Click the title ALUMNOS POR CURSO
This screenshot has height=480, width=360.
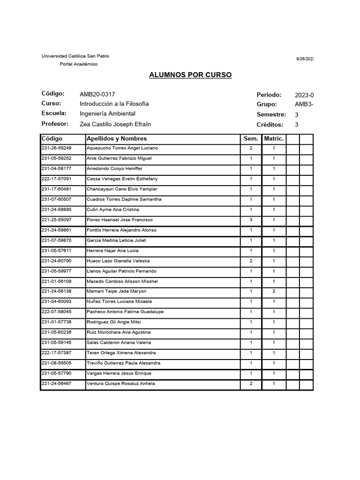click(190, 75)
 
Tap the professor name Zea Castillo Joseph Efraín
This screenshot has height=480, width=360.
click(115, 124)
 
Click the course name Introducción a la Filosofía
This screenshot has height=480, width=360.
click(114, 104)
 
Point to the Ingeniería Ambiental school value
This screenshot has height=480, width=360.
click(107, 113)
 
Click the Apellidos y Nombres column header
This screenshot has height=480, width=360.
click(117, 139)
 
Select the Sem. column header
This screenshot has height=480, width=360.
click(251, 139)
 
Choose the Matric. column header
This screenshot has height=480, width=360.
click(274, 139)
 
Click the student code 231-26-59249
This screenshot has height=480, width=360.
click(57, 148)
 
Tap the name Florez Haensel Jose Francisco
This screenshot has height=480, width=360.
click(120, 220)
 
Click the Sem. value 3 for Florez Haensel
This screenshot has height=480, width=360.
click(251, 220)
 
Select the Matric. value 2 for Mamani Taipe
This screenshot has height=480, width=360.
click(274, 292)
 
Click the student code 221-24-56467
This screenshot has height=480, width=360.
click(57, 384)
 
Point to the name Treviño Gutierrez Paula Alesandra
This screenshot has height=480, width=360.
click(123, 363)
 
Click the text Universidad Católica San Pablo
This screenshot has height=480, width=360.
click(75, 56)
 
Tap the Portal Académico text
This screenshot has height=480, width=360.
click(79, 64)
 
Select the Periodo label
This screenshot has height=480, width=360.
click(269, 95)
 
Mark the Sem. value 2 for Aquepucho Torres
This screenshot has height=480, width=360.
click(251, 148)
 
